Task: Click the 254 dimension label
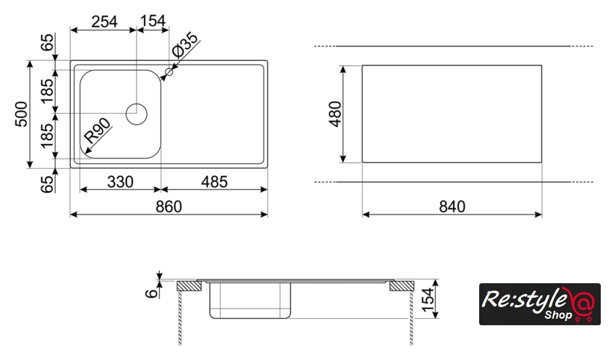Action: point(104,22)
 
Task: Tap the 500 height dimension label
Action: point(21,114)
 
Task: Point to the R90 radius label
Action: point(97,130)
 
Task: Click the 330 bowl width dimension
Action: point(119,182)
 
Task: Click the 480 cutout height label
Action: point(334,114)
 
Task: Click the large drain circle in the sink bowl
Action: point(136,113)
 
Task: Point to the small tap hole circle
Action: point(170,72)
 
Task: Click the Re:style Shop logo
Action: point(539,304)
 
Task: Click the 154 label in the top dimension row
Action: point(153,22)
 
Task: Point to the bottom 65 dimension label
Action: point(48,183)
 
